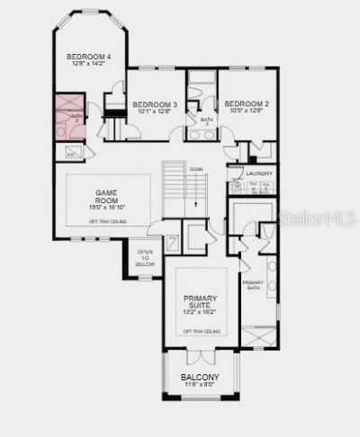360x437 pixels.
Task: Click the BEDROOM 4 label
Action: [x=88, y=57]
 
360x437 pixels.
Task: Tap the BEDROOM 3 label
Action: [x=155, y=105]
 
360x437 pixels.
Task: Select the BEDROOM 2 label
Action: [x=247, y=103]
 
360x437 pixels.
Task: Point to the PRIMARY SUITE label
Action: [x=201, y=302]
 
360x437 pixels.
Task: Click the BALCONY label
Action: [x=200, y=377]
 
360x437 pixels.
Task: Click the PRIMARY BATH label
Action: [x=253, y=287]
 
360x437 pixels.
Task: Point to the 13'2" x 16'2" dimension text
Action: [x=201, y=314]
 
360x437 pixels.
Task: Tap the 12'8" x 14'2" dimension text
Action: [x=88, y=65]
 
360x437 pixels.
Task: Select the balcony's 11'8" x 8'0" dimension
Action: [x=200, y=386]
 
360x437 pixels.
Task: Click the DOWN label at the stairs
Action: [x=195, y=168]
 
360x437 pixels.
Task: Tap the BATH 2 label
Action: [x=207, y=120]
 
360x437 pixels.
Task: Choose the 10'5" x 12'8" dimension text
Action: [x=247, y=111]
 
